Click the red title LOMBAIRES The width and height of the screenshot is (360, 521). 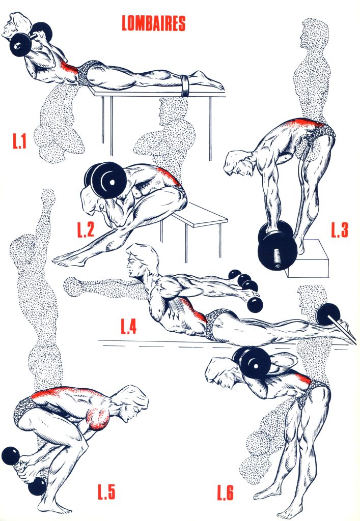(153, 23)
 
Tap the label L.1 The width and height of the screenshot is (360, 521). (19, 141)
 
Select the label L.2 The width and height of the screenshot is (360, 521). (86, 229)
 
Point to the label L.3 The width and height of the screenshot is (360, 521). (340, 230)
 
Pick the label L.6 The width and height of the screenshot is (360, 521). (226, 493)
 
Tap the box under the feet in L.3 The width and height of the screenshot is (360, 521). (308, 259)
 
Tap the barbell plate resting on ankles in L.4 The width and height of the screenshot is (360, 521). (328, 314)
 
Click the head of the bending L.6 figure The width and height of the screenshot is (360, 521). (221, 371)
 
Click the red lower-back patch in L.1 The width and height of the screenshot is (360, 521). (69, 69)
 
